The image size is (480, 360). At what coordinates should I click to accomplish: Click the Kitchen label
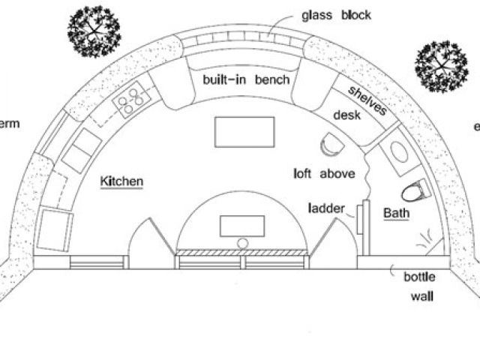(122, 181)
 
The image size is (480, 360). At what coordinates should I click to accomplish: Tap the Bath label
(397, 214)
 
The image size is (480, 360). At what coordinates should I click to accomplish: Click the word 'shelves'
(367, 100)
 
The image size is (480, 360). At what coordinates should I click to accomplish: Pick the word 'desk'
(346, 115)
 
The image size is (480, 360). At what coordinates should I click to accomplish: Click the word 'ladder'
(325, 207)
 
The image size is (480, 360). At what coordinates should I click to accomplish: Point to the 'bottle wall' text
(421, 286)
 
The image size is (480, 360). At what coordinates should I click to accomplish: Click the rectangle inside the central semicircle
(241, 225)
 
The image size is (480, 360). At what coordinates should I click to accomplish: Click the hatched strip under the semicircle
(241, 251)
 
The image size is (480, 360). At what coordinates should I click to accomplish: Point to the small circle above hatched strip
(242, 241)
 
